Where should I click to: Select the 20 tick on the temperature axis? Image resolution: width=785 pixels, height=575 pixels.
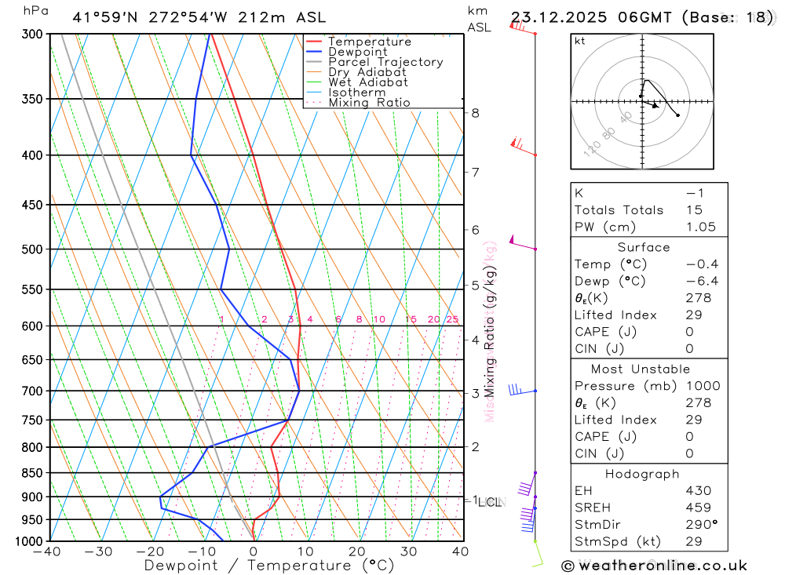pyautogui.click(x=357, y=551)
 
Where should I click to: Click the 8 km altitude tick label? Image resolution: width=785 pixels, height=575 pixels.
pyautogui.click(x=476, y=113)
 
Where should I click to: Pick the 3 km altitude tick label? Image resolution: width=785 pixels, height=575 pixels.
pyautogui.click(x=476, y=393)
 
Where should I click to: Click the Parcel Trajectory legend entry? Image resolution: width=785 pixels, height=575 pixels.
pyautogui.click(x=385, y=62)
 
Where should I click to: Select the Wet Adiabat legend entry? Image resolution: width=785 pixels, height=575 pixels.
pyautogui.click(x=368, y=82)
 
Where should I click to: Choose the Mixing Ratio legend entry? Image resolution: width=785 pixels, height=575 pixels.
pyautogui.click(x=369, y=103)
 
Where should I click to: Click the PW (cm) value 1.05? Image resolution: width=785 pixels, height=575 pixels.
pyautogui.click(x=700, y=227)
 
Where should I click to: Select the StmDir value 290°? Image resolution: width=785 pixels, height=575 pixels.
pyautogui.click(x=701, y=525)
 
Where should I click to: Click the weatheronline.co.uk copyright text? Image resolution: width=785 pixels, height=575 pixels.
pyautogui.click(x=654, y=565)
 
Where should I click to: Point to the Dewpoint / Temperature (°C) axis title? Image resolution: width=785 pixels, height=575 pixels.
pyautogui.click(x=268, y=565)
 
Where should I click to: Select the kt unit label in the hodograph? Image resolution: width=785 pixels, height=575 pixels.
pyautogui.click(x=579, y=41)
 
